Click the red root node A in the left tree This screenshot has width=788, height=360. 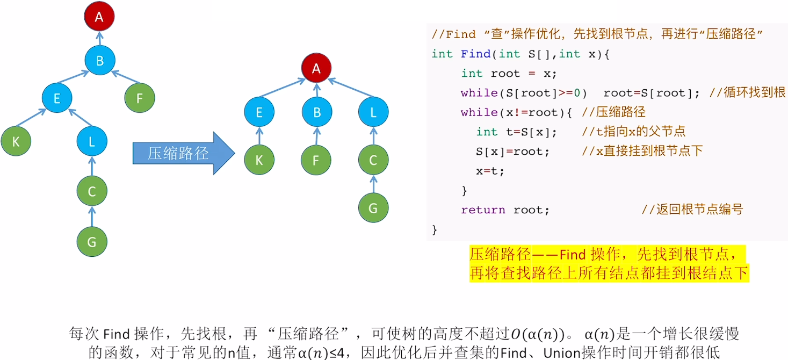point(99,17)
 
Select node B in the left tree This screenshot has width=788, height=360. point(99,61)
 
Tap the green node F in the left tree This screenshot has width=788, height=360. point(140,98)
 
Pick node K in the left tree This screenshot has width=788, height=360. point(16,142)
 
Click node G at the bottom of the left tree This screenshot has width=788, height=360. point(92,242)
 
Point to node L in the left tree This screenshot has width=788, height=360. point(92,142)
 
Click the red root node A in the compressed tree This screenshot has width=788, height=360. point(316,68)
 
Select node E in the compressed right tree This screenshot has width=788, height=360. point(259,112)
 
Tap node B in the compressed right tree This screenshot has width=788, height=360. point(316,112)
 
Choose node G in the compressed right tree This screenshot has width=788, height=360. point(373,207)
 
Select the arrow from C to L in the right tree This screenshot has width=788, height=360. point(373,136)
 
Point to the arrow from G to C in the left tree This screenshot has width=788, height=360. point(92,217)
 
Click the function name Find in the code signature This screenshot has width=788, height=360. point(475,54)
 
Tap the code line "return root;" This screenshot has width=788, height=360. point(505,210)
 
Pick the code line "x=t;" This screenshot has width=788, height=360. point(490,171)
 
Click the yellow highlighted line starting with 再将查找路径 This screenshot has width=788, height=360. point(609,273)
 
